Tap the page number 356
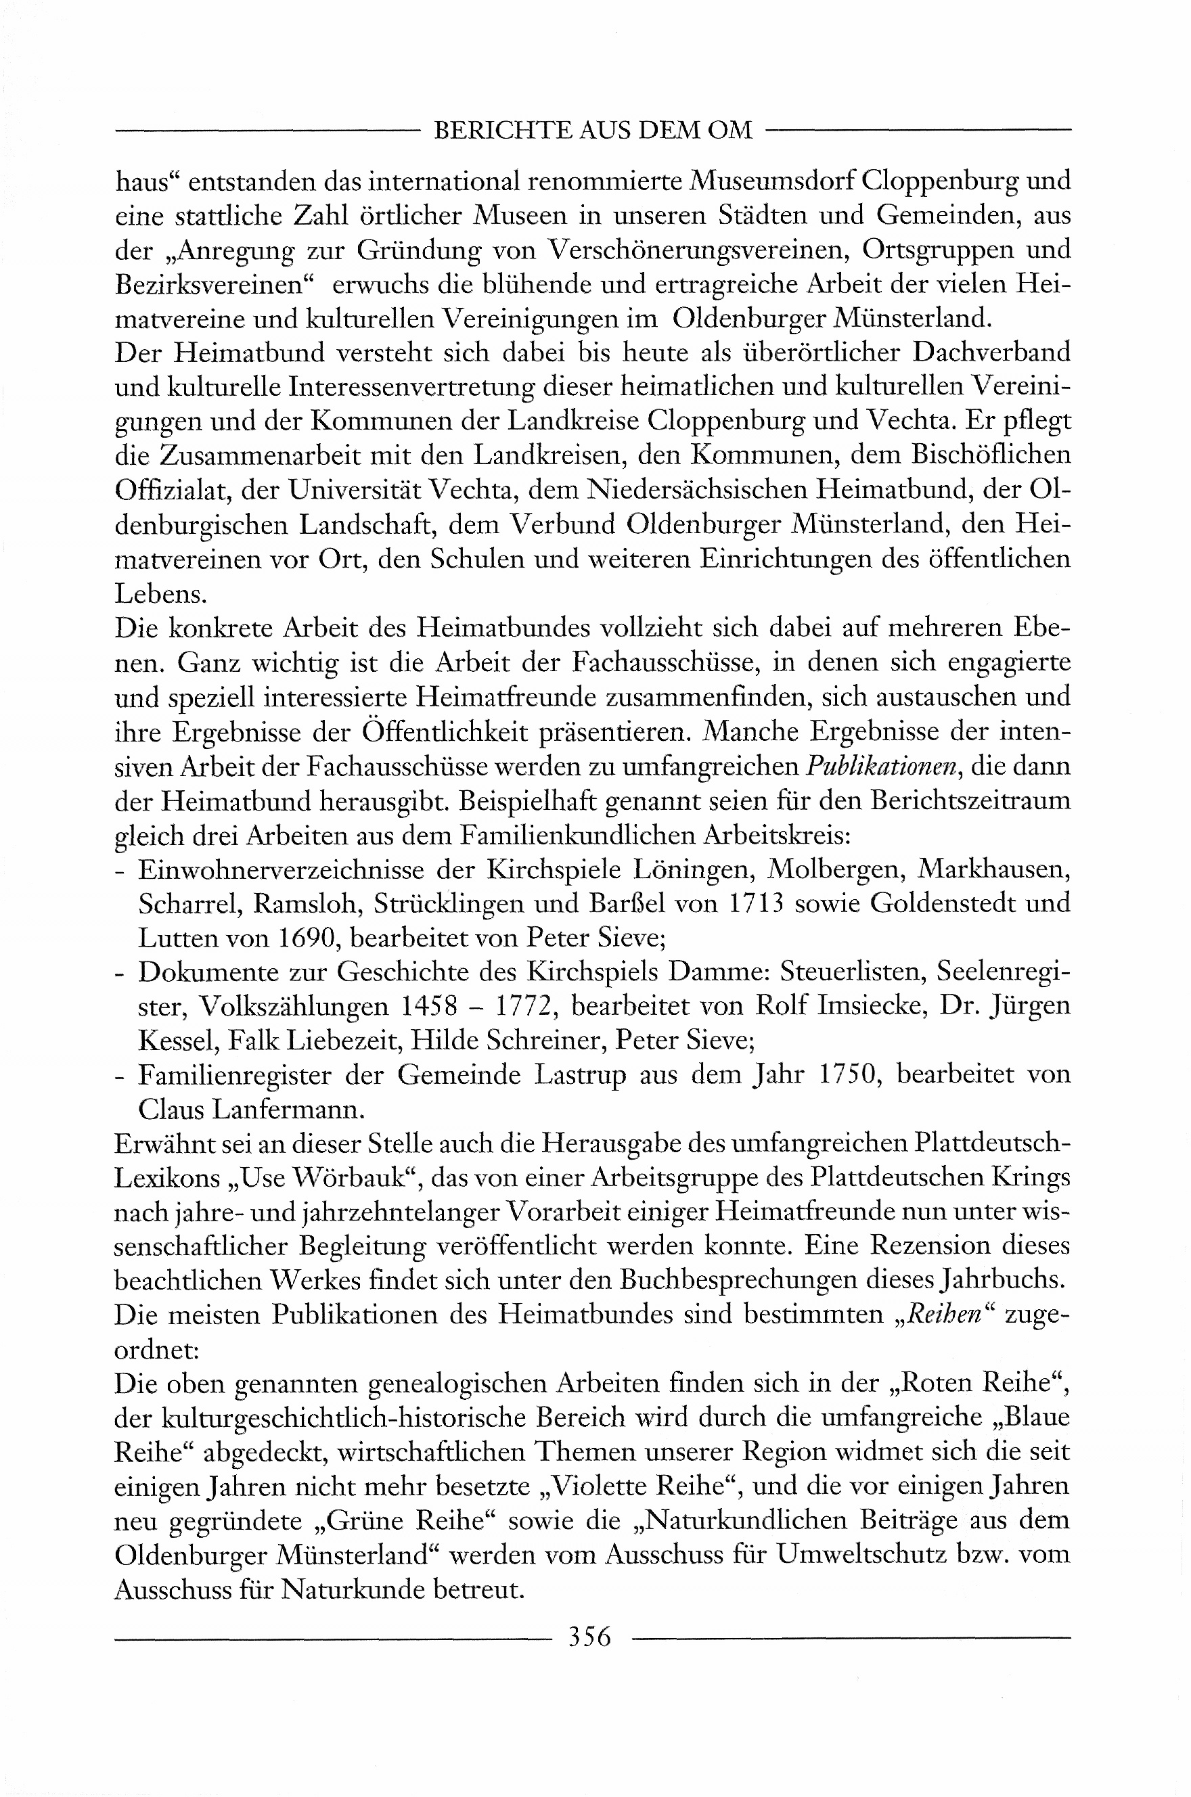click(x=590, y=1637)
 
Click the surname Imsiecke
click(x=860, y=1007)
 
